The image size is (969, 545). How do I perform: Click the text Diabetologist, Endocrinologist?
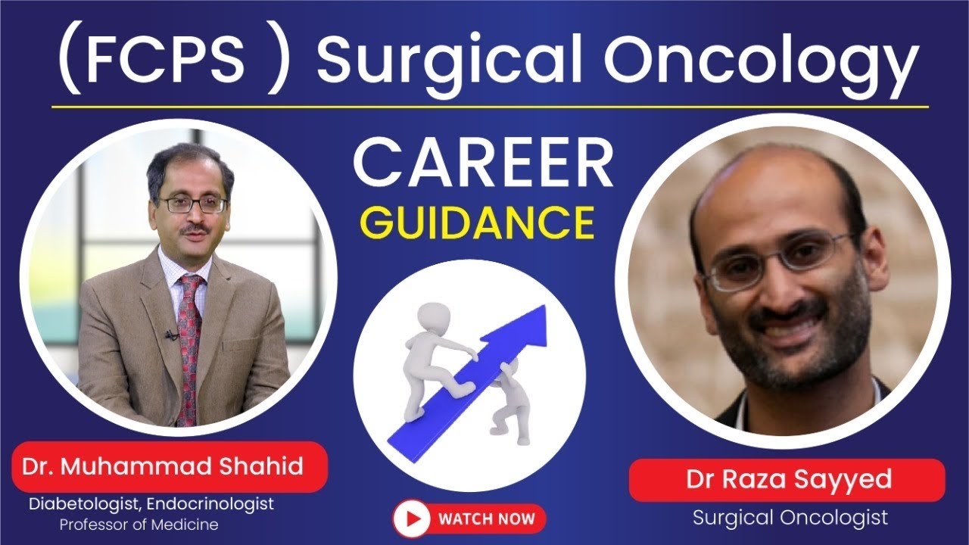[151, 503]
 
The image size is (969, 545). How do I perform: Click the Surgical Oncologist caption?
[790, 519]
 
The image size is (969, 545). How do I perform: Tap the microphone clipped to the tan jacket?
[171, 334]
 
